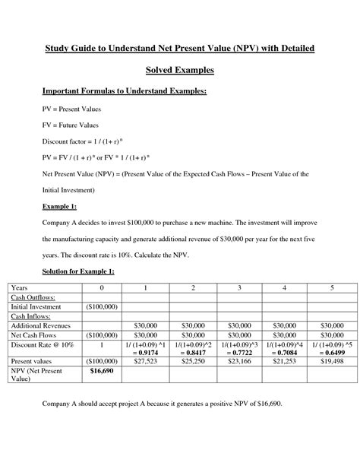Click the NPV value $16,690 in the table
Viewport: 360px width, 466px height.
click(x=101, y=370)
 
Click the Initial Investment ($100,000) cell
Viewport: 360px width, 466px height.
click(x=101, y=306)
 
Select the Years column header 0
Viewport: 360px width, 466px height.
click(x=101, y=287)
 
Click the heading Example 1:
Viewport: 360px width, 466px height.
click(x=58, y=205)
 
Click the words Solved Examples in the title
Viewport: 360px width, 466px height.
click(x=180, y=70)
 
